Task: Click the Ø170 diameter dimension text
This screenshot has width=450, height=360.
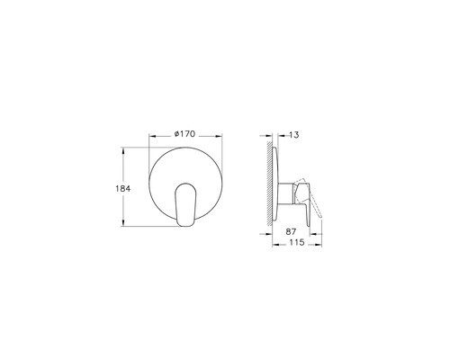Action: (x=184, y=134)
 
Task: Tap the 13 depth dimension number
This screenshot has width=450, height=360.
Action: (x=293, y=134)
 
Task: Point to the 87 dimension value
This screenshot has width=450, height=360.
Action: (x=292, y=232)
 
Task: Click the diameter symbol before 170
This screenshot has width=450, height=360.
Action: (x=174, y=134)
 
